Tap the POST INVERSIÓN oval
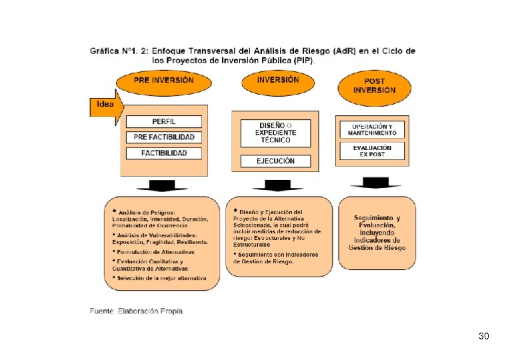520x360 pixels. click(x=375, y=86)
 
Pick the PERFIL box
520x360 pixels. click(x=163, y=122)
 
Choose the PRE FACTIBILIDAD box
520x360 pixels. click(x=163, y=137)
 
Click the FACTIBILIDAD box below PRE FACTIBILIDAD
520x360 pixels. click(x=163, y=153)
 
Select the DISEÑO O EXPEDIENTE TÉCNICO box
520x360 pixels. click(x=275, y=132)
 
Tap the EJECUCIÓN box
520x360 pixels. click(x=275, y=161)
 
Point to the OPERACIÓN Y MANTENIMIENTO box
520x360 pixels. click(x=372, y=130)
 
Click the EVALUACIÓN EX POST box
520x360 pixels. click(x=372, y=151)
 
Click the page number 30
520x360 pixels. click(x=484, y=337)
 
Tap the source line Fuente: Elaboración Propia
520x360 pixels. click(x=137, y=311)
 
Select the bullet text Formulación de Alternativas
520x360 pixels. click(x=156, y=252)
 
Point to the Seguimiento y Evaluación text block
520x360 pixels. click(x=377, y=233)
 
